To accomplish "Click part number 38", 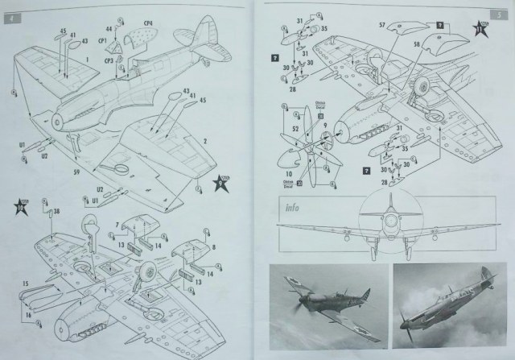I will point(56,211).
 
